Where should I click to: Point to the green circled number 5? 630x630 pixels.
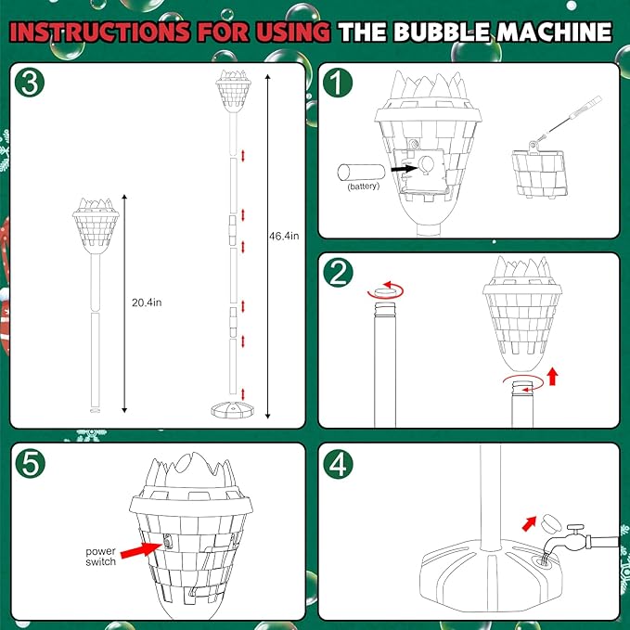coord(32,465)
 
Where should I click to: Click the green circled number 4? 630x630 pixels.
coord(341,465)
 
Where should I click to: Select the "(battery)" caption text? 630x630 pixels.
coord(364,187)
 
